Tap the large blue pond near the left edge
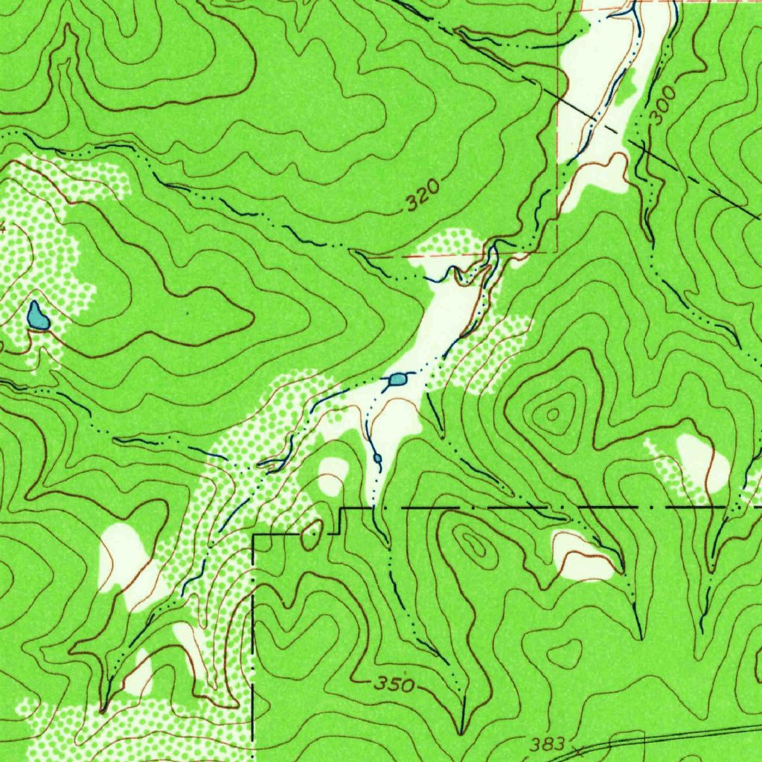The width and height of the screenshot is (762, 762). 37,316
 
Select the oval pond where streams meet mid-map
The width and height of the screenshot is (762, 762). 398,380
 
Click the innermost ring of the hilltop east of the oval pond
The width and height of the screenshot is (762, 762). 553,414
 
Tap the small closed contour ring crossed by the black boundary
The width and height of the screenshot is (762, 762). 313,534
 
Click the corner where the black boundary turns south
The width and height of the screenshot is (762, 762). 254,535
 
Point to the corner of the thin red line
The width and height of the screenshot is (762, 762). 557,252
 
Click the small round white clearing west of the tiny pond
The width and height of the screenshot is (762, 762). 333,474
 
